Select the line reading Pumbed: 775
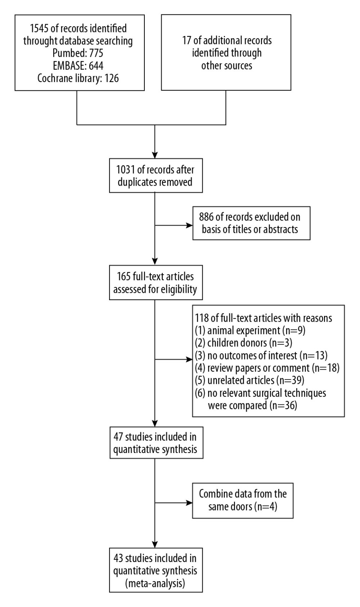[78, 53]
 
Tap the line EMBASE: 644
[78, 65]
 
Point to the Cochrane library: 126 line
[78, 78]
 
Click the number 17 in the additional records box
[187, 41]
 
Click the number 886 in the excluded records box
[206, 217]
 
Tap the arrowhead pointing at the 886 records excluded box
[189, 225]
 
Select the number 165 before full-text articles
[124, 277]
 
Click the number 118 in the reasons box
[202, 318]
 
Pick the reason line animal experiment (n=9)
[250, 331]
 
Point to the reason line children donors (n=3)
[243, 343]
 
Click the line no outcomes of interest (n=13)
[261, 355]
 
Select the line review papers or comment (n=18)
[267, 368]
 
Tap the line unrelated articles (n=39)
[249, 380]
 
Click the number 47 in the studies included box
[118, 437]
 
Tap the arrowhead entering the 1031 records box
[154, 155]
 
